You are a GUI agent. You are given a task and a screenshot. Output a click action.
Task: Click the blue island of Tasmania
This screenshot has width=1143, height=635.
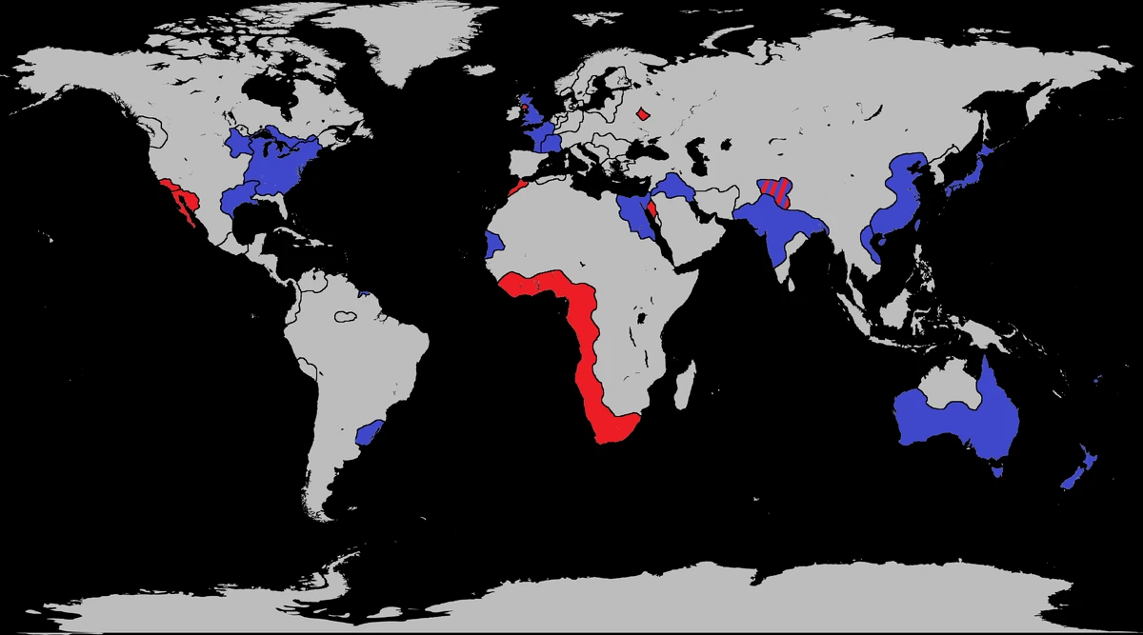pos(998,467)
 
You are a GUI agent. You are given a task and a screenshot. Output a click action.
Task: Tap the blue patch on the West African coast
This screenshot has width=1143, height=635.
pos(492,244)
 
